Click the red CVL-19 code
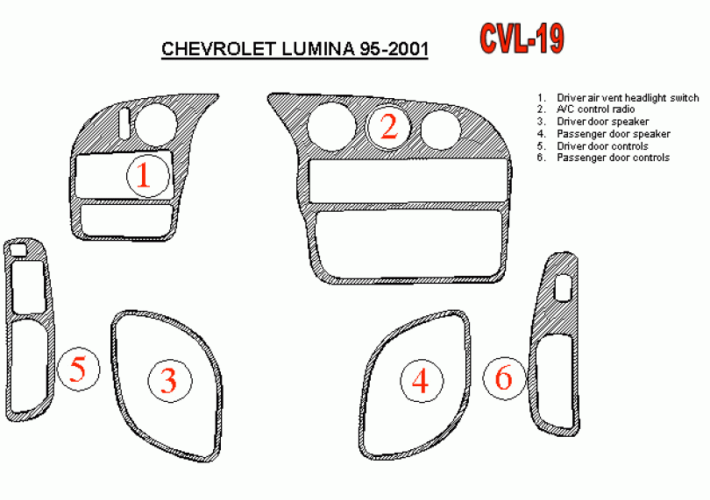pyautogui.click(x=522, y=39)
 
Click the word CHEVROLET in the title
pyautogui.click(x=219, y=48)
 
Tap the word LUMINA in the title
pyautogui.click(x=317, y=48)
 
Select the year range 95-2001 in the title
pyautogui.click(x=394, y=48)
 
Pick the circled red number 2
pyautogui.click(x=389, y=127)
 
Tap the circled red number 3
pyautogui.click(x=169, y=381)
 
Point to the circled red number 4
pyautogui.click(x=421, y=381)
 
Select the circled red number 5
pyautogui.click(x=78, y=370)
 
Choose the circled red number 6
pyautogui.click(x=504, y=378)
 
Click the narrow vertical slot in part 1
pyautogui.click(x=125, y=123)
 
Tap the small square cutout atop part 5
pyautogui.click(x=18, y=250)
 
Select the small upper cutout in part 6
pyautogui.click(x=563, y=288)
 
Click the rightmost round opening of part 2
pyautogui.click(x=441, y=130)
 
